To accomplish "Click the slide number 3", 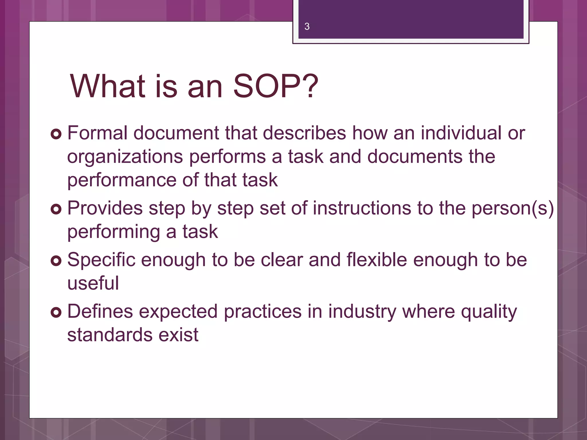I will pos(307,26).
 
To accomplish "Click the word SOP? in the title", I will pos(275,86).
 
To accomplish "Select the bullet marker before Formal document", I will pos(56,134).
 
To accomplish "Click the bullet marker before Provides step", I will pos(56,209).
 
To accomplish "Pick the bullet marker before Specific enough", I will pos(56,261).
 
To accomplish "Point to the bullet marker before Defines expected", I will pos(56,312).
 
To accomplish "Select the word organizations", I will pos(125,157).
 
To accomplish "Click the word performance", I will pos(122,180).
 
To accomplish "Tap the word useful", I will pos(93,283).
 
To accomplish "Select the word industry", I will pos(362,311).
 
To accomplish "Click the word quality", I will pos(489,311).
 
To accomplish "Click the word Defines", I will pos(100,311).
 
